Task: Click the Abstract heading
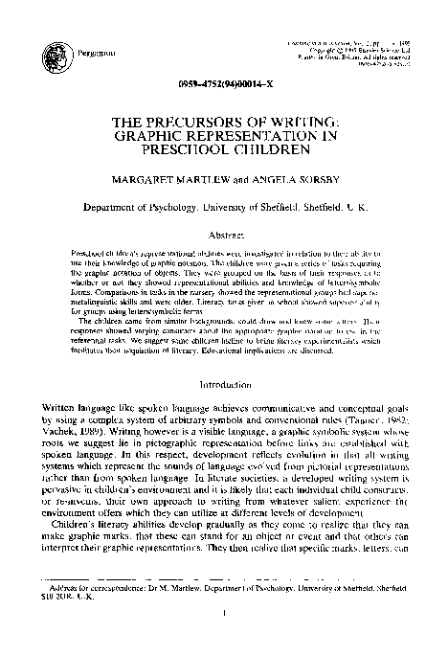[x=224, y=233]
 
